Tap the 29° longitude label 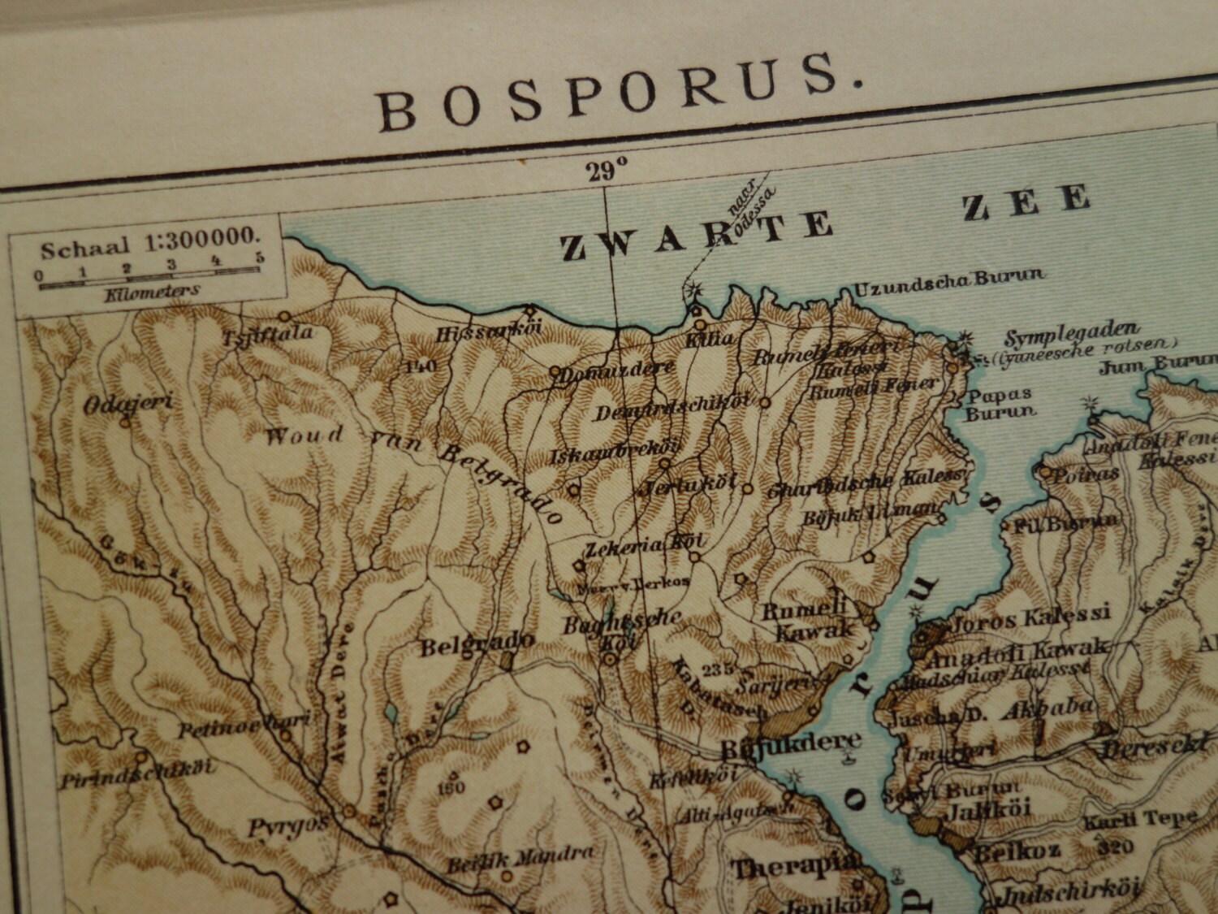608,171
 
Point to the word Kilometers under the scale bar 152,292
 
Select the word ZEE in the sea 1026,204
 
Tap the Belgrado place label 477,643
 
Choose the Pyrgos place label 288,827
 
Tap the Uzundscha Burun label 948,279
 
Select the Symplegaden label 1072,334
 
